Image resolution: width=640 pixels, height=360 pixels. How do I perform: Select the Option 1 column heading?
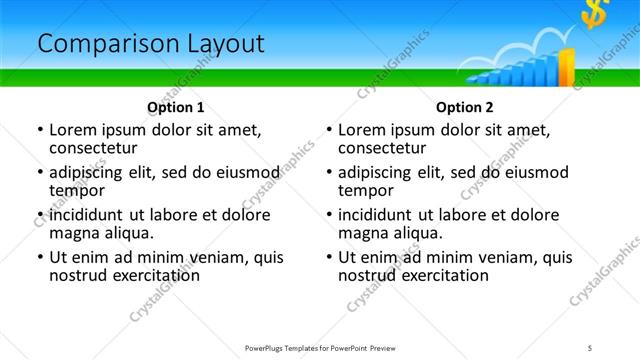[175, 107]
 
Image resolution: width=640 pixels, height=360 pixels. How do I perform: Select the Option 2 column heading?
[464, 107]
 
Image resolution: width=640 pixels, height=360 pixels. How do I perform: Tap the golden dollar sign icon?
[598, 14]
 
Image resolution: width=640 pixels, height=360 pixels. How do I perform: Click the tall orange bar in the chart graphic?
[566, 67]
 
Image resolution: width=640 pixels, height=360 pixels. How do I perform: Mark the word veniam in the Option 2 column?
[504, 257]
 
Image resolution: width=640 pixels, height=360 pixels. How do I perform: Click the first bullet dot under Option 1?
[39, 130]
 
